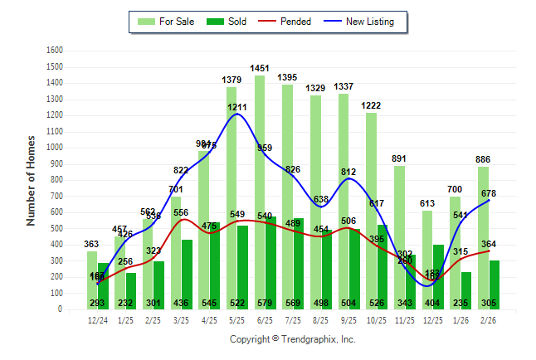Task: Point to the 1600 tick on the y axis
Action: [55, 50]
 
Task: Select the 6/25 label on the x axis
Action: [266, 319]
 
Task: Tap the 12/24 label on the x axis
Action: [97, 319]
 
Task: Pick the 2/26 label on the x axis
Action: [490, 319]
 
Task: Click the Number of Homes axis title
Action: [32, 180]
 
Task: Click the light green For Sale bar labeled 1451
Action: [260, 191]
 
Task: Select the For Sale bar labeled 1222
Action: [371, 207]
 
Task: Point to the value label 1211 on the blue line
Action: [237, 108]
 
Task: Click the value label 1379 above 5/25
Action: [231, 80]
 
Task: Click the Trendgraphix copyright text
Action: [292, 339]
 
